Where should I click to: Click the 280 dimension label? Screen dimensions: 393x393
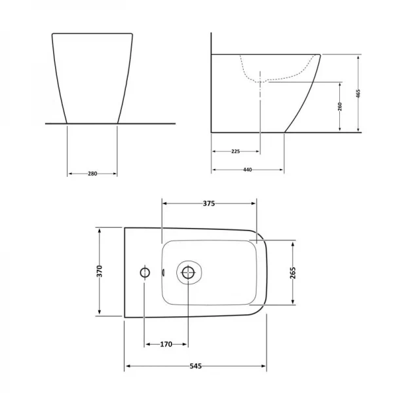[x=92, y=174]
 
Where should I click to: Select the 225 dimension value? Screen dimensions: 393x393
[x=236, y=151]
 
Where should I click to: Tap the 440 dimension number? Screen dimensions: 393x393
[x=248, y=170]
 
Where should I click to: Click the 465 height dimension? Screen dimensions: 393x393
[x=358, y=94]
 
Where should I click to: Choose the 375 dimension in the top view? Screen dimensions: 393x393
[x=208, y=204]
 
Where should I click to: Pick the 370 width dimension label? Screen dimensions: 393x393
[x=99, y=271]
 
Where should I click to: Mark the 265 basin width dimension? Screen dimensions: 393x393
[x=293, y=272]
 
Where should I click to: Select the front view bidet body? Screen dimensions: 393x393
[x=92, y=75]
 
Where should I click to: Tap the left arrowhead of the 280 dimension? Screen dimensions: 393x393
[x=70, y=174]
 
